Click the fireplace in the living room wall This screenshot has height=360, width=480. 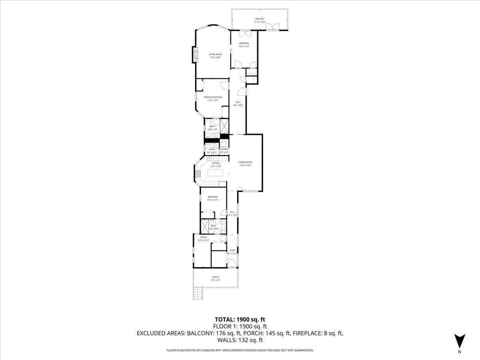(x=196, y=54)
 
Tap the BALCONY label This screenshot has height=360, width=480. (x=260, y=19)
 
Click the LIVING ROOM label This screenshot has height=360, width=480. (x=215, y=54)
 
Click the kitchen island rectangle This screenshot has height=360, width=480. (x=215, y=173)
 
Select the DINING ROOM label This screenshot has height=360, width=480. (x=246, y=162)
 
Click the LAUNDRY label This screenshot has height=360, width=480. (x=224, y=149)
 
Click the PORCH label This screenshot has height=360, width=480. (x=216, y=277)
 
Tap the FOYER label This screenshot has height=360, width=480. (x=232, y=250)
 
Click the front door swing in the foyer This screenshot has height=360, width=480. (x=230, y=262)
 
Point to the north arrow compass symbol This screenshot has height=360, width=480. (x=460, y=341)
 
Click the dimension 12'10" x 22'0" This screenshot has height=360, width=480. (x=246, y=165)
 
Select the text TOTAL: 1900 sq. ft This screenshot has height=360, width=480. (x=240, y=319)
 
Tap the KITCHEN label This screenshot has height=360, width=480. (x=216, y=163)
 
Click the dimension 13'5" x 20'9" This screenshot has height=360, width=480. (x=215, y=58)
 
